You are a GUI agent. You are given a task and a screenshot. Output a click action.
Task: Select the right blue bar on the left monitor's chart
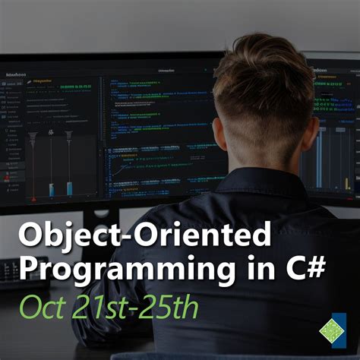pyautogui.click(x=70, y=186)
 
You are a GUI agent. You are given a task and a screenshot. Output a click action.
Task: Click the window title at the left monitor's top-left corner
pyautogui.click(x=16, y=75)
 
